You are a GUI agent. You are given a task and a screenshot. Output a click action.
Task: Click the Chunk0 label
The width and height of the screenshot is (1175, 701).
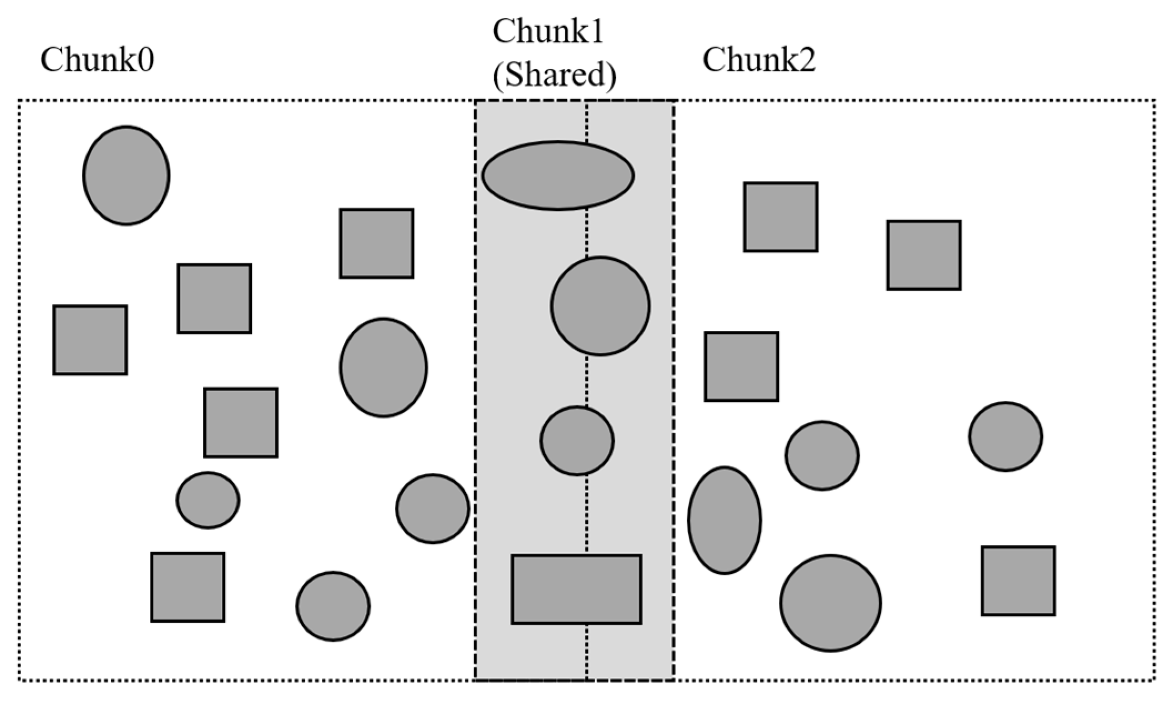click(x=97, y=60)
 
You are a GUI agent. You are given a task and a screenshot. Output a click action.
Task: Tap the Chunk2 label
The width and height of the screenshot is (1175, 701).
click(x=759, y=60)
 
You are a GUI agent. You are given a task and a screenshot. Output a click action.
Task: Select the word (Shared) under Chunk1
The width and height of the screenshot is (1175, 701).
click(x=554, y=75)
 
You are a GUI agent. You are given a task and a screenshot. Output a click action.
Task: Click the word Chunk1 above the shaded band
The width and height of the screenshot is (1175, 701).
click(x=548, y=32)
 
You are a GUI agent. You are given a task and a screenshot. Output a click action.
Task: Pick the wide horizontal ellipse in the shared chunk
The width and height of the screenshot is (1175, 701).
click(x=558, y=175)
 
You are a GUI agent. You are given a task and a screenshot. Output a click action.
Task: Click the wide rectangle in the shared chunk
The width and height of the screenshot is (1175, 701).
click(x=576, y=589)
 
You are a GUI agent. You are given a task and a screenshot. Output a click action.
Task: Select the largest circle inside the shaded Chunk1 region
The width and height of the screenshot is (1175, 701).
click(x=600, y=306)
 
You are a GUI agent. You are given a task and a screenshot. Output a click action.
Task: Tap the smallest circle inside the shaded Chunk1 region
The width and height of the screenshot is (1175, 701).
click(x=577, y=441)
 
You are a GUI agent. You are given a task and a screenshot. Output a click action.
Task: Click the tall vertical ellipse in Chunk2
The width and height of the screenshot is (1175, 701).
click(x=724, y=520)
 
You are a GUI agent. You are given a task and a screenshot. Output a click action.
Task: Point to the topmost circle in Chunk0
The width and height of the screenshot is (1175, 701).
click(x=126, y=175)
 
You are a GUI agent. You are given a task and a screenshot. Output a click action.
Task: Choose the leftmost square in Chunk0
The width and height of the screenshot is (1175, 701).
click(x=90, y=340)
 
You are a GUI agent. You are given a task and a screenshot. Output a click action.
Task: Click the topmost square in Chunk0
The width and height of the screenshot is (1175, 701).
click(x=377, y=243)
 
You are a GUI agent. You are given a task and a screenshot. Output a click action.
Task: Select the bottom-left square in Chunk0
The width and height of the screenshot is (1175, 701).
click(x=188, y=587)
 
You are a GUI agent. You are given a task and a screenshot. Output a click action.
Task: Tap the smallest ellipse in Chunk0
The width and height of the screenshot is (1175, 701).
click(x=208, y=500)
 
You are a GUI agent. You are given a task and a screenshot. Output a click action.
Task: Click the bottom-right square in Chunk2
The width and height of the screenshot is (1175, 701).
click(x=1018, y=581)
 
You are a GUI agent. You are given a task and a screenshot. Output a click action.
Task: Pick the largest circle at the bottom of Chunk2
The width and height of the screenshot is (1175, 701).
click(x=830, y=603)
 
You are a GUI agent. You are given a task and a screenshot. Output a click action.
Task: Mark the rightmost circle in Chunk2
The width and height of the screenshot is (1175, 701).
click(x=1005, y=437)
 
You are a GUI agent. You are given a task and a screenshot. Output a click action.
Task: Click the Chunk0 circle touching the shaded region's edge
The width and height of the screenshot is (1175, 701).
click(x=433, y=508)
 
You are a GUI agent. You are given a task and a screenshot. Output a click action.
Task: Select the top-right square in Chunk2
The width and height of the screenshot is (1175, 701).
click(x=924, y=255)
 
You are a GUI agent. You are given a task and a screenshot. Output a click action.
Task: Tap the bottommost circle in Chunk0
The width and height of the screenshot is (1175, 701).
click(x=333, y=606)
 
